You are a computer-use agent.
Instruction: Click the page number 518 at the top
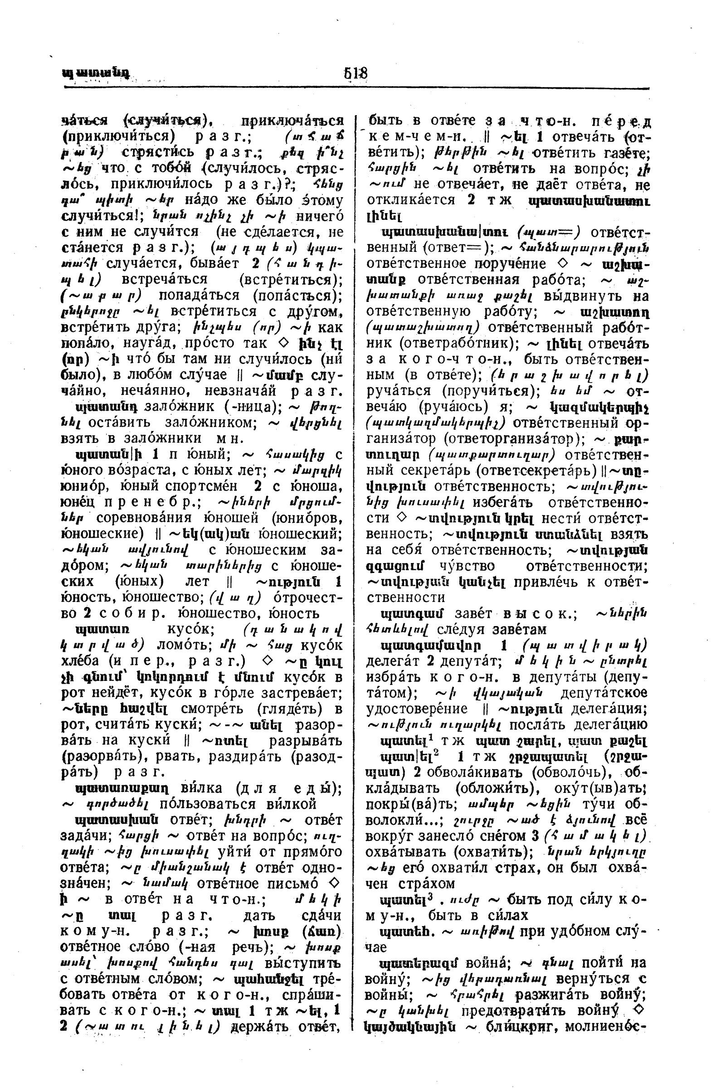coord(356,73)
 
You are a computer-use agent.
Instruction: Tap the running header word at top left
coord(95,73)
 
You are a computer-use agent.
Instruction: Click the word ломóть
coord(176,645)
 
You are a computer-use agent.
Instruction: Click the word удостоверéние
coord(417,709)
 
